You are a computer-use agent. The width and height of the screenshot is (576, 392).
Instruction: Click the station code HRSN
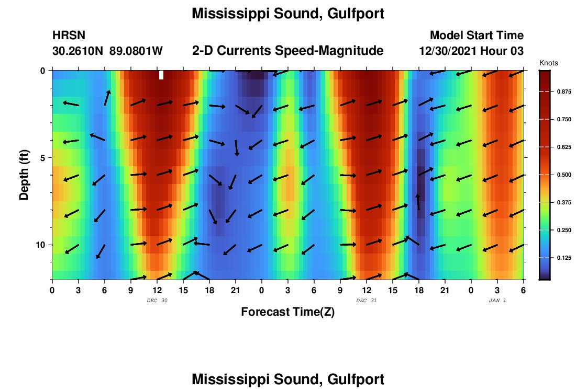tap(69, 36)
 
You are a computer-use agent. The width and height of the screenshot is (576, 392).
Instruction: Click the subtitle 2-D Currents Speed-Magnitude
tap(287, 51)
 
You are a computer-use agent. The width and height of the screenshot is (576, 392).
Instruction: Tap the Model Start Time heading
tap(477, 36)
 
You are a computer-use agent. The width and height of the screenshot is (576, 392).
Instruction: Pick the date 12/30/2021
tap(449, 51)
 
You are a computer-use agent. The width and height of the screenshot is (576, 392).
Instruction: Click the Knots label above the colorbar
tap(549, 63)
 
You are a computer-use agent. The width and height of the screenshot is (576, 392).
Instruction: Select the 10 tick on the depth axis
tap(41, 245)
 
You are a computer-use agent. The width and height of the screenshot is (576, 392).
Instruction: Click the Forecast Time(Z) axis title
tap(287, 312)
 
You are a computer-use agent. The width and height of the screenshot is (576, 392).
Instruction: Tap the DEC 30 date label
tap(157, 301)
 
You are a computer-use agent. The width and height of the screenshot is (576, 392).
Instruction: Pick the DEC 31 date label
tap(366, 301)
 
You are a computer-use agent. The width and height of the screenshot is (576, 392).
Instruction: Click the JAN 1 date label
tap(497, 301)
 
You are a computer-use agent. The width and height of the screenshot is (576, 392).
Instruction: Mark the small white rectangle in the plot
tap(161, 75)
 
